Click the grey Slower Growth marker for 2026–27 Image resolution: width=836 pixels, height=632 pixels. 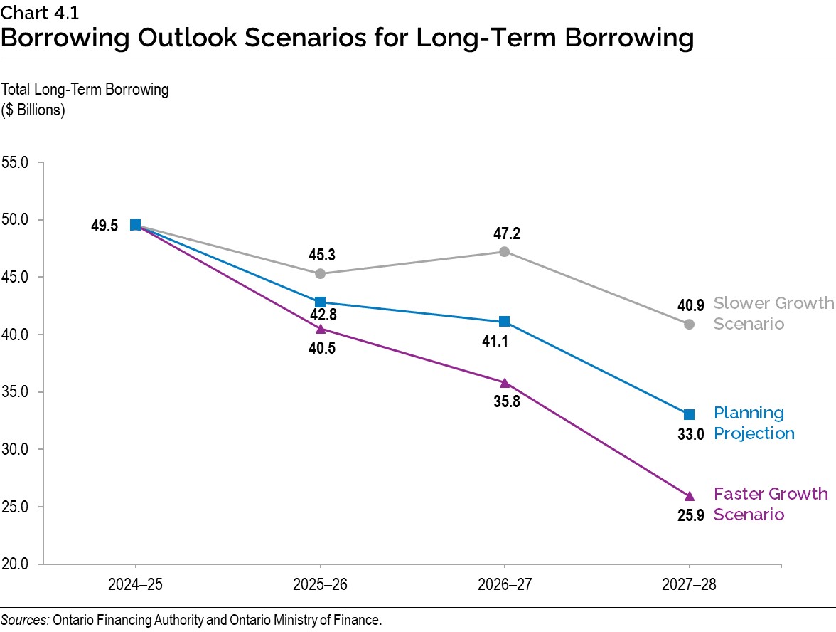point(504,251)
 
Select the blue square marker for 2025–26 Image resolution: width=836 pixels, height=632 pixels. point(320,302)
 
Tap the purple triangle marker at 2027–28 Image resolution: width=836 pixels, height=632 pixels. point(689,496)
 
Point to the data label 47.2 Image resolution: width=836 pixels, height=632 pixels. point(504,233)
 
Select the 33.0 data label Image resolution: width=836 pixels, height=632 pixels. point(690,433)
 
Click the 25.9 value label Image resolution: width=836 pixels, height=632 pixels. point(690,515)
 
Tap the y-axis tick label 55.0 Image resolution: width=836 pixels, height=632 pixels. point(15,162)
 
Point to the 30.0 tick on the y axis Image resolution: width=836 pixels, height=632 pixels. point(15,450)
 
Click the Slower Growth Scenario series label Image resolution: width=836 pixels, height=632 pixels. point(772,313)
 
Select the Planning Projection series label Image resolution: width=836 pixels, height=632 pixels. point(753,423)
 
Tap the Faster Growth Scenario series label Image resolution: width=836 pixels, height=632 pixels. point(770,504)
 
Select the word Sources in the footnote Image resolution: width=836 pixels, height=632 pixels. point(24,620)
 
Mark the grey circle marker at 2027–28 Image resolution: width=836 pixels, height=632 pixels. point(689,324)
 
